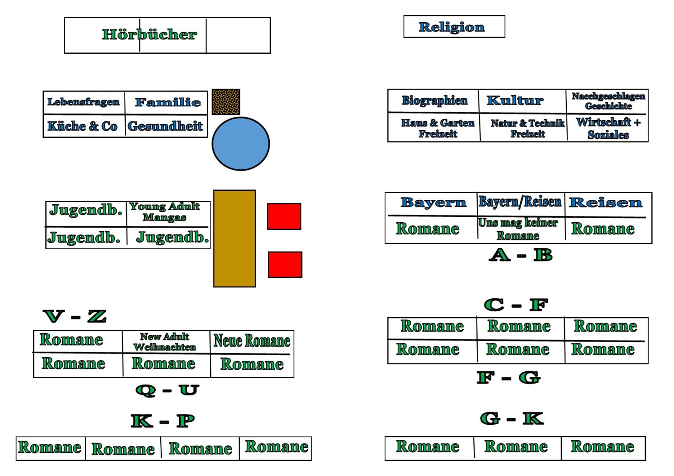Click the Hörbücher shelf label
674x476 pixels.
tap(149, 34)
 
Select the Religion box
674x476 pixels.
tap(452, 27)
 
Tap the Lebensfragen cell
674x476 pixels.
tap(84, 102)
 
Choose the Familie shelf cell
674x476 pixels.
tap(167, 102)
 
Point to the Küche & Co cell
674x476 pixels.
tap(83, 126)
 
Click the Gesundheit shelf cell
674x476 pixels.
tap(165, 126)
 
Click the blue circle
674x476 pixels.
tap(241, 144)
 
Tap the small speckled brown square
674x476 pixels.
tap(226, 102)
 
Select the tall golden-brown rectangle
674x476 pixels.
tap(235, 238)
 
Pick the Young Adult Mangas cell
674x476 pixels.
tap(164, 212)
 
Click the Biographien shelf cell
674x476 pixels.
tap(434, 100)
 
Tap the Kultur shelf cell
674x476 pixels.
tap(515, 100)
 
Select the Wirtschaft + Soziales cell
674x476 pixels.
tap(608, 128)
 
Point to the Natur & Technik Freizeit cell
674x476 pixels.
tap(527, 128)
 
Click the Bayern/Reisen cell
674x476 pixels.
tap(520, 202)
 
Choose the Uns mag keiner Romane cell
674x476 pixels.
tap(518, 229)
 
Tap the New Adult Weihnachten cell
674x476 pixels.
tap(165, 342)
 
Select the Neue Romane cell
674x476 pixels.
tap(252, 341)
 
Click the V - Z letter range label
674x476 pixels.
tap(75, 316)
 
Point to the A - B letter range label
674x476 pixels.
tap(521, 255)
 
